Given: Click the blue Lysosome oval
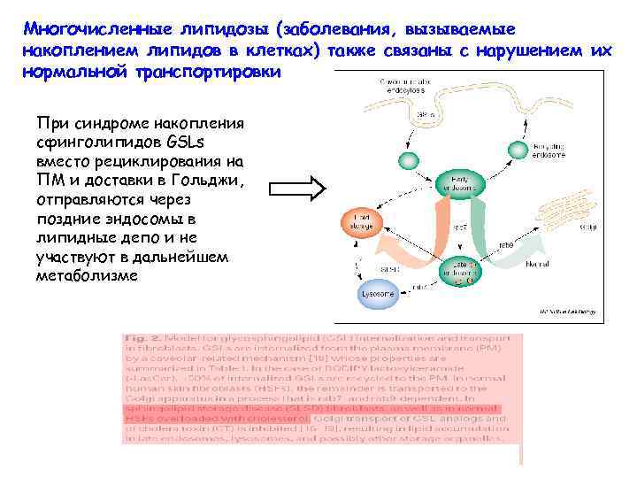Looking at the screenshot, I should pos(376,292).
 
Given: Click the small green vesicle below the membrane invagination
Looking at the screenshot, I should pos(407,160).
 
